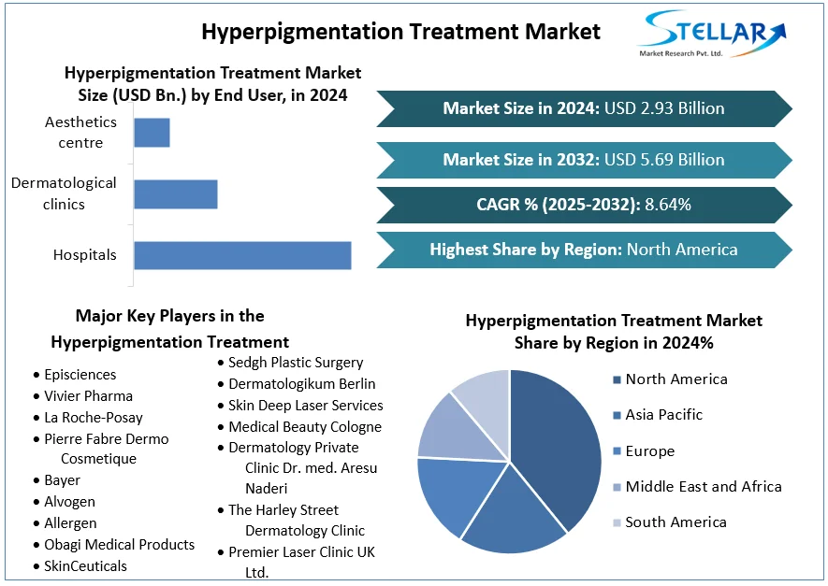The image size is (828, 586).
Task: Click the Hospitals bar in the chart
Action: click(x=242, y=255)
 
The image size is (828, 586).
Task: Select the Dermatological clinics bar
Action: click(x=176, y=194)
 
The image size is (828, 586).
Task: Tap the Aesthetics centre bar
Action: click(x=152, y=133)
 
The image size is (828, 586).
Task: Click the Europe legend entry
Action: click(x=649, y=451)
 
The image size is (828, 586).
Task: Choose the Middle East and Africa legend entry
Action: click(x=703, y=487)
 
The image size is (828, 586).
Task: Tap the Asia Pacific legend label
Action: click(x=663, y=415)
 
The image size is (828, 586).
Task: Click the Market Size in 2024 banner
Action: click(x=583, y=108)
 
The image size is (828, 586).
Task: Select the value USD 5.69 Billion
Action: click(x=664, y=160)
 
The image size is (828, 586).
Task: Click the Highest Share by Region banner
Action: click(x=583, y=250)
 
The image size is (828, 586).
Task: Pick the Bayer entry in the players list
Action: click(x=62, y=480)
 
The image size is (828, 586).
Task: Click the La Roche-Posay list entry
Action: click(x=94, y=418)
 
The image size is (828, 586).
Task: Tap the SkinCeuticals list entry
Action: click(x=85, y=566)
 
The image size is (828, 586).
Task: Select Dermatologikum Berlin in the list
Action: click(x=301, y=384)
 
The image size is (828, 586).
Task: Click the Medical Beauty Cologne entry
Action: click(x=305, y=427)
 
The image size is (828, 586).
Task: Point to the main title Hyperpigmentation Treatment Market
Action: click(x=400, y=32)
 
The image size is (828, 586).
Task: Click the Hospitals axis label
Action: click(x=84, y=255)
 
